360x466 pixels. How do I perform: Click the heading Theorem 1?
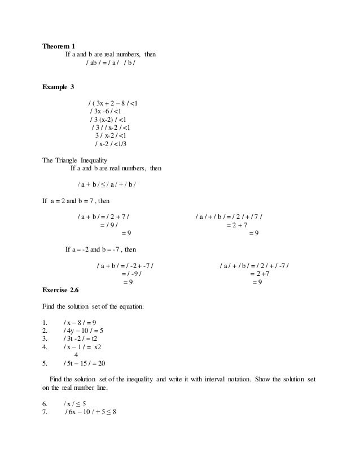59,45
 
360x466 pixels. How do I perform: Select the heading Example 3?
58,86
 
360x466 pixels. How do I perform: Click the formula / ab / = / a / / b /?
110,62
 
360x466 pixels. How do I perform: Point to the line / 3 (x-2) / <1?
108,120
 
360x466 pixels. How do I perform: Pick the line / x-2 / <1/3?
111,144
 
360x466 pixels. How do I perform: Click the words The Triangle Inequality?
74,160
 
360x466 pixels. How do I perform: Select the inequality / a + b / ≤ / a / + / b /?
111,184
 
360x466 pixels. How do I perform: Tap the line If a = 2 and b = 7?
77,200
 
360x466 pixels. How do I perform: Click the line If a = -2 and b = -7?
100,249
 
